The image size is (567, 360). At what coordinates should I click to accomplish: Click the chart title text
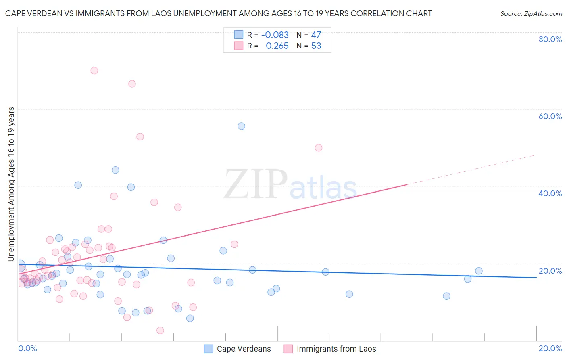coord(218,13)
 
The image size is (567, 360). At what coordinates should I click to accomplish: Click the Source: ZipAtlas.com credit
coord(531,13)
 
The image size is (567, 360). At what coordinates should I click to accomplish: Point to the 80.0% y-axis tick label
coord(550,39)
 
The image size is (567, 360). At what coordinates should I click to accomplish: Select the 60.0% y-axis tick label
coord(550,116)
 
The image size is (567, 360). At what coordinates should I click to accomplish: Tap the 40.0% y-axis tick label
coord(550,193)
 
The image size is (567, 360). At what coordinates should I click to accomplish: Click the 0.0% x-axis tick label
coord(27,348)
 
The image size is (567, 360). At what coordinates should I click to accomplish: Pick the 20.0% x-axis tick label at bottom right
coord(550,348)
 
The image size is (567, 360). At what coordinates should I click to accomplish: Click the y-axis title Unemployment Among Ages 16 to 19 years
coord(11,184)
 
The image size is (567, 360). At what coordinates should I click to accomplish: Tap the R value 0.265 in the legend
coord(277,46)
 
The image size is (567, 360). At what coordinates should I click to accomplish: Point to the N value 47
coord(316,35)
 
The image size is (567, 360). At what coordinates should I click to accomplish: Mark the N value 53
coord(316,46)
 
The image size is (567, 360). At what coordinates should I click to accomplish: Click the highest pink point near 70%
coord(94,71)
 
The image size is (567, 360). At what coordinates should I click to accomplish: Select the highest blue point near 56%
coord(241,126)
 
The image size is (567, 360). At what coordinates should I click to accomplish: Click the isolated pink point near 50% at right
coord(318,148)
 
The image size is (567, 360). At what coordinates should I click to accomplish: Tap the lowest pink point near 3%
coord(160,331)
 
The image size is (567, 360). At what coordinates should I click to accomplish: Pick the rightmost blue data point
coord(479,271)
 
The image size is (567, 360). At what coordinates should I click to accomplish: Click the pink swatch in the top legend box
coord(238,46)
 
